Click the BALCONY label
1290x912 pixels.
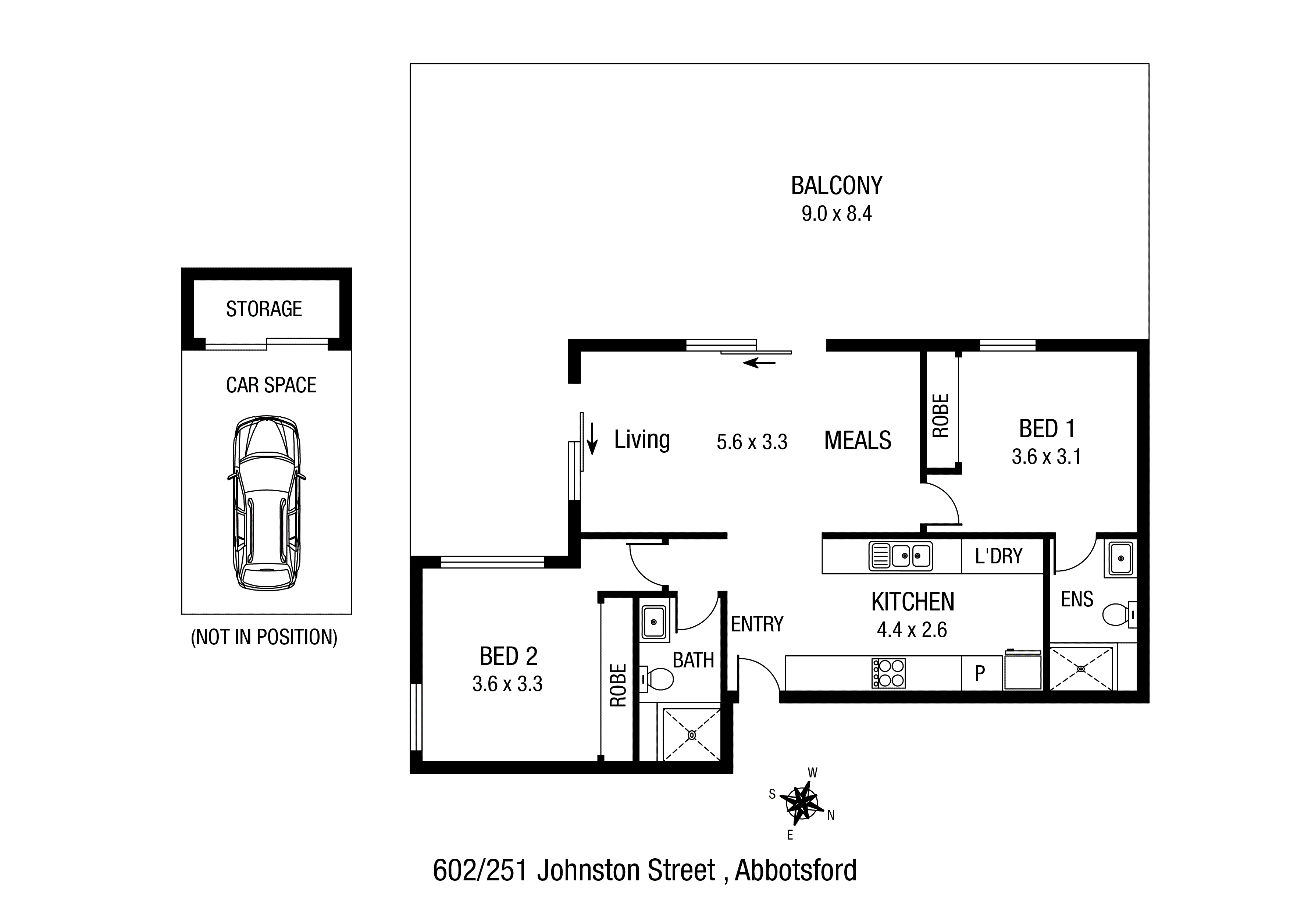tap(837, 185)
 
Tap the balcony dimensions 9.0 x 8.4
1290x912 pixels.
tap(837, 214)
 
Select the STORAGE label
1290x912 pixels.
tap(264, 309)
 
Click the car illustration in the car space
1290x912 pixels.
tap(266, 503)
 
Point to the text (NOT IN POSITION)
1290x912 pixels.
tap(264, 637)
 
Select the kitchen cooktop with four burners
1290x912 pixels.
tap(888, 673)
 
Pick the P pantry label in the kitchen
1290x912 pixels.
tap(980, 673)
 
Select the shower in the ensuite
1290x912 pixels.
tap(1081, 669)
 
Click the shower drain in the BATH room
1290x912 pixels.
tap(692, 735)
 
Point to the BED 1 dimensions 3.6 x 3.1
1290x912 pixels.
tap(1046, 457)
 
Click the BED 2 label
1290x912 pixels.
tap(509, 656)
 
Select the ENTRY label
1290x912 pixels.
tap(757, 624)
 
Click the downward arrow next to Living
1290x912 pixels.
tap(592, 438)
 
